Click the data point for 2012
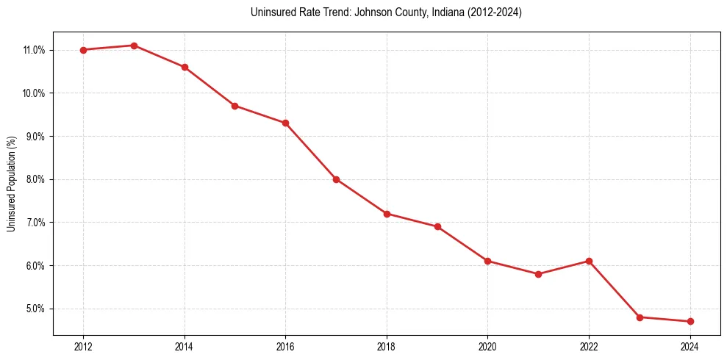pos(83,50)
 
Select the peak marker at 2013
pos(134,46)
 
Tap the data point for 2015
pos(234,106)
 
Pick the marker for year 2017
pos(336,179)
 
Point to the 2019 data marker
pos(437,226)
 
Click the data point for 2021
pos(538,274)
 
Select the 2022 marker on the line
pos(589,261)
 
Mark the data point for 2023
pos(640,317)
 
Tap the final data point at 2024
pos(690,321)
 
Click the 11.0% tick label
pos(35,50)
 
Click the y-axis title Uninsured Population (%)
pos(12,184)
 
